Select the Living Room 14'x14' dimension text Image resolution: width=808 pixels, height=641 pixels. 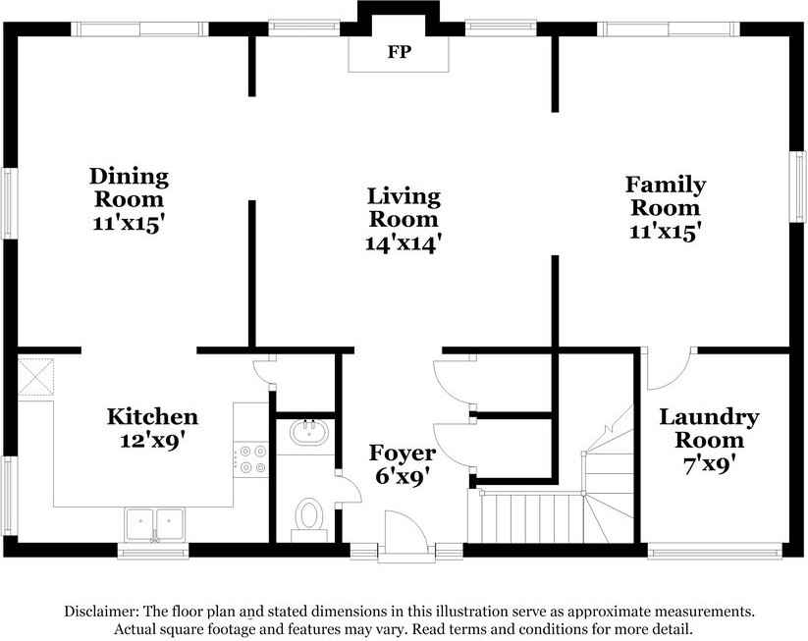coord(403,240)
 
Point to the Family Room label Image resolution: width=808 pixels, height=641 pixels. coord(666,195)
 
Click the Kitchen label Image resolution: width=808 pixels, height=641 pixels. coord(152,417)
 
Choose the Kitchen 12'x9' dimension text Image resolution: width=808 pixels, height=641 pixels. coord(152,440)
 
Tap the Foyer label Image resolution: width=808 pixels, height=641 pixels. coord(402,453)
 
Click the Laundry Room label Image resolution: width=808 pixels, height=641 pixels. coord(708,428)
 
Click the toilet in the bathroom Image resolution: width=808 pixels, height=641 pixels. coord(310,515)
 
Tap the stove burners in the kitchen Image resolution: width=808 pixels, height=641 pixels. coord(250,457)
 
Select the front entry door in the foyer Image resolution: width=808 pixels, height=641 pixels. coord(404,536)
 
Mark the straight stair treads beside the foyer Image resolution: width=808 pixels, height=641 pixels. coord(525,516)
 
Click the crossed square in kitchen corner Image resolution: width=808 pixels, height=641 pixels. coord(37,376)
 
